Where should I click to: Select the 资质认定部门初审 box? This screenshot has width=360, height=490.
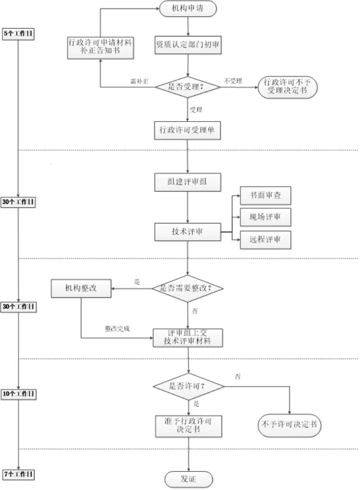[187, 45]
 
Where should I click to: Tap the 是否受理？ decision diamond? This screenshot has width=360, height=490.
[187, 87]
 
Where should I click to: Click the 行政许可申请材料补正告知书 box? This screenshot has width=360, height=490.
[100, 45]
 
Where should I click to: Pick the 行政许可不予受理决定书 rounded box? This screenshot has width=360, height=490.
[288, 87]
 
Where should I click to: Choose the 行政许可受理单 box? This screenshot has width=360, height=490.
[187, 130]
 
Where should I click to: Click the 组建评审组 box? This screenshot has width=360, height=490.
[187, 182]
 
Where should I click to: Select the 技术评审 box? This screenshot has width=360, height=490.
[187, 232]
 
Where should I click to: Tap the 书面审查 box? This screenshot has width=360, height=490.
[265, 196]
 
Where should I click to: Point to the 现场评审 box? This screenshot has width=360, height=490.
[265, 217]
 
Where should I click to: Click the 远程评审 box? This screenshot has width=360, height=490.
[265, 239]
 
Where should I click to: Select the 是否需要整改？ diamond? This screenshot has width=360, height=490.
[188, 288]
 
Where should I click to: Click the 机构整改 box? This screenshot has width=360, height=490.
[81, 288]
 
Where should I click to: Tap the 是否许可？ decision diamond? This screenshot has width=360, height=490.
[188, 386]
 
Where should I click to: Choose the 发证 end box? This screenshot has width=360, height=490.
[188, 479]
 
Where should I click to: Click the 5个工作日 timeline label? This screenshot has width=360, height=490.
[19, 34]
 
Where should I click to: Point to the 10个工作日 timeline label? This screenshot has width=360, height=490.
[18, 394]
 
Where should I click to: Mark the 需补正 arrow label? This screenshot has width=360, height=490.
[140, 81]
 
